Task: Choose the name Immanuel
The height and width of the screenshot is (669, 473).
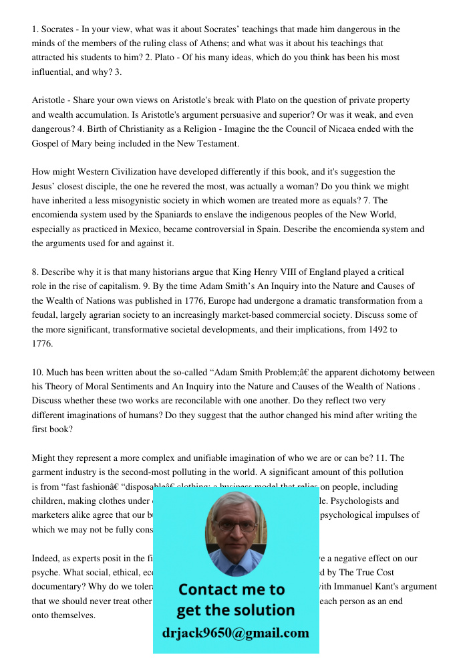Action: point(361,587)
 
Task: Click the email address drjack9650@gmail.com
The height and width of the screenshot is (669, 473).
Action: point(235,633)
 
